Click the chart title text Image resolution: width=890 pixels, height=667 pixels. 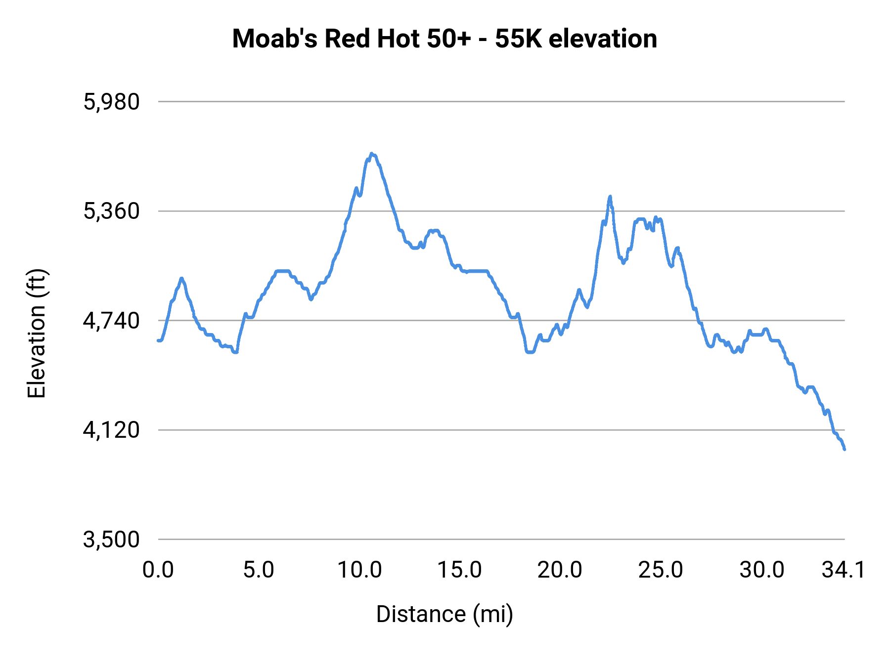(445, 39)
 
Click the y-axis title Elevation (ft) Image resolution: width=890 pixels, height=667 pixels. (37, 333)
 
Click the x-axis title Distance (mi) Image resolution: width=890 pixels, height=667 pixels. (445, 614)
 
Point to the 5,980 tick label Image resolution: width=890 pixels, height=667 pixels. (111, 102)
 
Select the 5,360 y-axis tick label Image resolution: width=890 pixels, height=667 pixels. (111, 211)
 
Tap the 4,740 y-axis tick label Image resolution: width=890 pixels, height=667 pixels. (111, 321)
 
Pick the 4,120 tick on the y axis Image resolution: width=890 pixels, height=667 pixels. (111, 430)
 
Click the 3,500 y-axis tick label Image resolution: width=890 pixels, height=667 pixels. (111, 540)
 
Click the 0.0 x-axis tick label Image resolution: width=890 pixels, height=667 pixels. (158, 570)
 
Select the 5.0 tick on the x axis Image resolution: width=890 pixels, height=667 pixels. (259, 570)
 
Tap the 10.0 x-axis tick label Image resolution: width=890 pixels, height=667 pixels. (359, 570)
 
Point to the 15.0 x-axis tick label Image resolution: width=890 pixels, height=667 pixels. (460, 570)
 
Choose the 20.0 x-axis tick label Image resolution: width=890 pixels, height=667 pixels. (560, 570)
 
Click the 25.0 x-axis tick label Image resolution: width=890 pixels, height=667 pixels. (661, 570)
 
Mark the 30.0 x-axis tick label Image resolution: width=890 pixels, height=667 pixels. (761, 570)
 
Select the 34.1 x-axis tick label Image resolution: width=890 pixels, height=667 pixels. (844, 570)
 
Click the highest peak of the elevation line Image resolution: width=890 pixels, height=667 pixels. (372, 154)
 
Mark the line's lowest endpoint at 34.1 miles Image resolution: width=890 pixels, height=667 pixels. (845, 449)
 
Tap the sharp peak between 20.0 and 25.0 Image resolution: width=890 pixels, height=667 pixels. (610, 197)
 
